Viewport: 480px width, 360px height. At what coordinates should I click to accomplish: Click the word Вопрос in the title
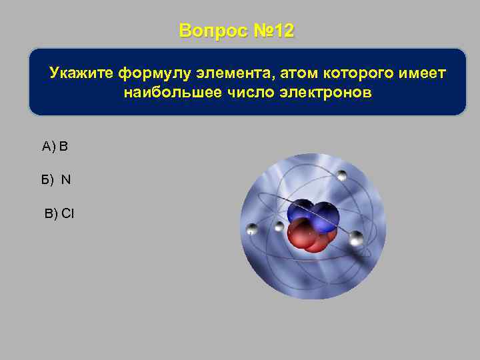211,31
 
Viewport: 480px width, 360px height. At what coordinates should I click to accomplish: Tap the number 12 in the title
283,31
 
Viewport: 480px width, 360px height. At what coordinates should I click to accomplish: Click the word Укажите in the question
81,72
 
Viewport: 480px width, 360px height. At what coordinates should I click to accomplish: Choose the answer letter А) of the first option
49,146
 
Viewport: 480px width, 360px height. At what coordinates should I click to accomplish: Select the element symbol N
66,179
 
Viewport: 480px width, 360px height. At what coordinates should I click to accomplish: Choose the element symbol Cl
68,213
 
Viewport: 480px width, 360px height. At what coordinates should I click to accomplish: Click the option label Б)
47,179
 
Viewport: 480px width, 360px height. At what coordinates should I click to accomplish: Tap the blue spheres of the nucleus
313,213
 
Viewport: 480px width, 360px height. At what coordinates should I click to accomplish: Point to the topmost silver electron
342,175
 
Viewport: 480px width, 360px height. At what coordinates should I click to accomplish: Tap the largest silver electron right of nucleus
356,238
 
